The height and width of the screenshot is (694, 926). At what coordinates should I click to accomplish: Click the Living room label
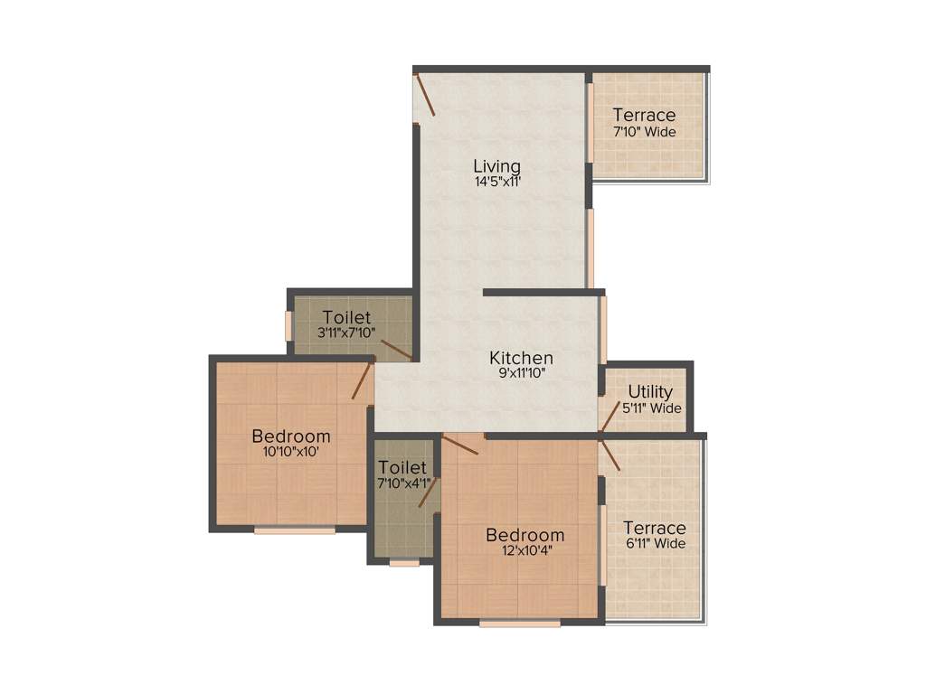coord(497,166)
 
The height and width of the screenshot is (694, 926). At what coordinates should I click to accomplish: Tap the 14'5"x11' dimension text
coord(497,182)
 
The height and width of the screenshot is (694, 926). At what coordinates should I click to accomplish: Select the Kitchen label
coord(521,358)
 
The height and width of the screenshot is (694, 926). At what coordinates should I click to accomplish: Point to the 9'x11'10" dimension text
coord(521,373)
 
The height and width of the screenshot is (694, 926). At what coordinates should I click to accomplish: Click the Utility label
coord(651,392)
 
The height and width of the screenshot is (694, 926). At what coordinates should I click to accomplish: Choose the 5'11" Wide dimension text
coord(652,408)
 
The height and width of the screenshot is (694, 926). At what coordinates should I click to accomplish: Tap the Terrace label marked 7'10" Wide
coord(644,115)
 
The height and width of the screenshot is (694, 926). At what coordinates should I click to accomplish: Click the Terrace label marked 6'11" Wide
coord(655,528)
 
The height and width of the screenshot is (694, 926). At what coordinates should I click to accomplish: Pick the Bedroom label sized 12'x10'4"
coord(525,535)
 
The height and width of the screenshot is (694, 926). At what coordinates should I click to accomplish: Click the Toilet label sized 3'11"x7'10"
coord(346,317)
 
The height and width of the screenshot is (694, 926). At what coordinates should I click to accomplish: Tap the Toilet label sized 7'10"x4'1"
coord(402,467)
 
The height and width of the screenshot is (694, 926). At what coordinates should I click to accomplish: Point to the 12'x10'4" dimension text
coord(525,550)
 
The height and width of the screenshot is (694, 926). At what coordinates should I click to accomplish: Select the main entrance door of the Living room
coord(425,96)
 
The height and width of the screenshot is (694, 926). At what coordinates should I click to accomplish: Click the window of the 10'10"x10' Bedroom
coord(295,530)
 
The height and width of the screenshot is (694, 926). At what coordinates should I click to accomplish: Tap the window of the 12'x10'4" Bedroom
coord(520,623)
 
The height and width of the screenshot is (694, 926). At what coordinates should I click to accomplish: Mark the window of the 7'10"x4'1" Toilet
coord(404,563)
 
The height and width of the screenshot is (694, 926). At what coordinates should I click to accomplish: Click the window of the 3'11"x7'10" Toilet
coord(288,326)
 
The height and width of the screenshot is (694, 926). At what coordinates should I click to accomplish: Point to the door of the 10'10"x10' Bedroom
coord(362,380)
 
